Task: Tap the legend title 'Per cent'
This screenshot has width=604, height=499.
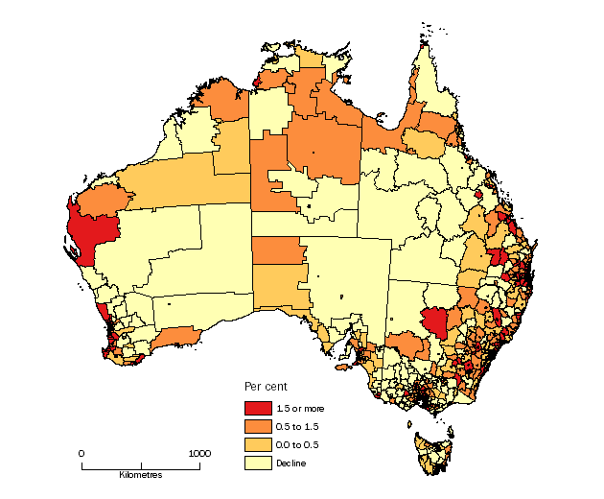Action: click(263, 386)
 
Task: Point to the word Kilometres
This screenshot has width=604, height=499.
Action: click(141, 476)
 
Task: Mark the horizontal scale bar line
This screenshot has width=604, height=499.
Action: click(141, 467)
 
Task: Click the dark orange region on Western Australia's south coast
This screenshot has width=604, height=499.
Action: click(175, 337)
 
